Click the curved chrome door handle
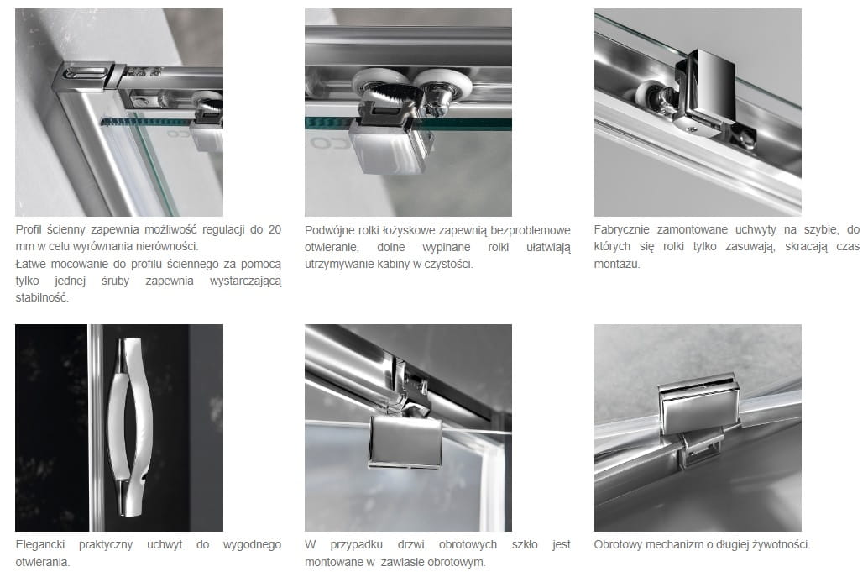point(129,427)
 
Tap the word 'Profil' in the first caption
point(29,230)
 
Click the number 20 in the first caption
point(275,229)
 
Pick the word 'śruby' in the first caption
point(115,281)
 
